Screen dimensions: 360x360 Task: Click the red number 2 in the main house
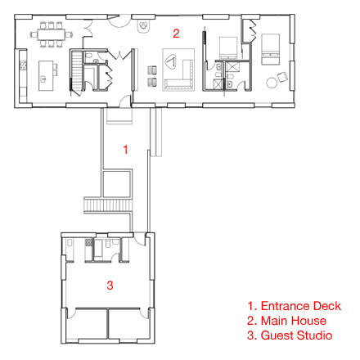click(176, 34)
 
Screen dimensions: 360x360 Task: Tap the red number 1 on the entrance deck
click(125, 150)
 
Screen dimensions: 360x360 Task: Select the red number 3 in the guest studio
click(110, 286)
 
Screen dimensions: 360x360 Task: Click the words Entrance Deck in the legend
click(301, 306)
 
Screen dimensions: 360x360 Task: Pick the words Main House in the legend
click(294, 321)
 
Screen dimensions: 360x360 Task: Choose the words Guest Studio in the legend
click(296, 335)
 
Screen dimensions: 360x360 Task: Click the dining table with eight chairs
click(51, 34)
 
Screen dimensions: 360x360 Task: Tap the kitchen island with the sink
click(46, 75)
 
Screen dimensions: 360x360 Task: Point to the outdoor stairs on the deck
click(108, 205)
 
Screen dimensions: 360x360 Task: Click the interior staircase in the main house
click(77, 71)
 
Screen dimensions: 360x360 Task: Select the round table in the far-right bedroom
click(272, 83)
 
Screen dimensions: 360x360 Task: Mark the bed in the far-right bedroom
click(270, 49)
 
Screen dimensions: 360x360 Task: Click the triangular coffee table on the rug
click(171, 61)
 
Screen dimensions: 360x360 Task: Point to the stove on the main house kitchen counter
click(23, 65)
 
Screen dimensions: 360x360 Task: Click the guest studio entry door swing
click(140, 239)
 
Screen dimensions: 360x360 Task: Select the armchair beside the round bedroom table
click(282, 77)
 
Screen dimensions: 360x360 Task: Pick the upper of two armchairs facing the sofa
click(152, 70)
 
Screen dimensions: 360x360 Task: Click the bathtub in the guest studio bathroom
click(98, 249)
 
